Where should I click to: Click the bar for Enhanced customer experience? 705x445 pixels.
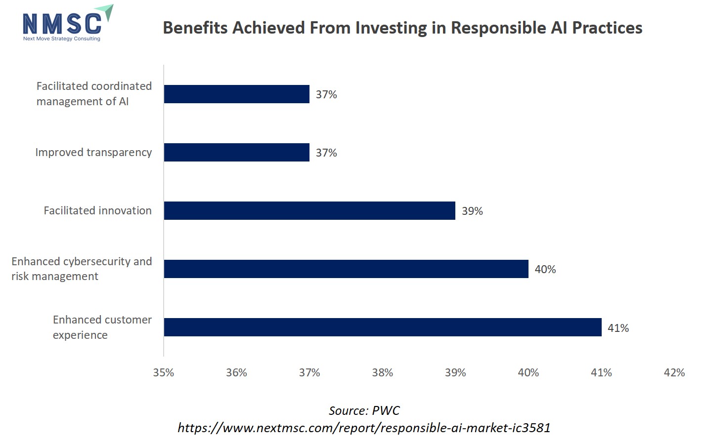[x=383, y=327]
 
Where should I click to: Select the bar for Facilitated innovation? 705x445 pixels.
[x=309, y=210]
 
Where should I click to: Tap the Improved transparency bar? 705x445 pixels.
[x=236, y=152]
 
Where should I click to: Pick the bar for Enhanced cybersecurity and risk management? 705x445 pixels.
[x=346, y=269]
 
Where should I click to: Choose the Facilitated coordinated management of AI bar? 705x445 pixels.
[x=236, y=94]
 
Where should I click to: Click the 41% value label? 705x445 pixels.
[x=618, y=328]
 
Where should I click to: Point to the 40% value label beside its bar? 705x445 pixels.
[x=545, y=269]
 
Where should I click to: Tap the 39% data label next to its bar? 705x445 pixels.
[x=472, y=211]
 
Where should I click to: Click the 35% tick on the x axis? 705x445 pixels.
[x=164, y=372]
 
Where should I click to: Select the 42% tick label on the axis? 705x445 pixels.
[x=674, y=372]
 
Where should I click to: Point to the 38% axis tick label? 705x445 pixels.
[x=382, y=372]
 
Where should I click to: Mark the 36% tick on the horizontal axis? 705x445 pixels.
[x=236, y=372]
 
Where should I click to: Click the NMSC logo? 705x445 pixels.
[x=67, y=24]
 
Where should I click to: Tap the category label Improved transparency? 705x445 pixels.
[x=93, y=152]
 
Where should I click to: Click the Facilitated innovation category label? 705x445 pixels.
[x=97, y=210]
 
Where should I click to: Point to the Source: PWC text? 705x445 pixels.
[x=364, y=410]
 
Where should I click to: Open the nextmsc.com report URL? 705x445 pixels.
[x=364, y=427]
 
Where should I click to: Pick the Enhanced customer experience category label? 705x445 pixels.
[x=102, y=327]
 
